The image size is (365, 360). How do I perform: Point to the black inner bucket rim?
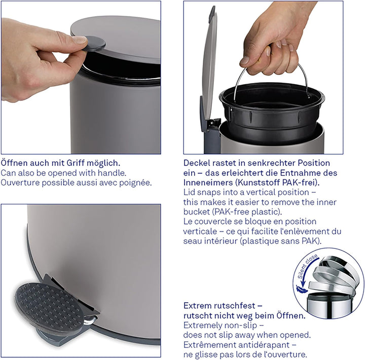[271, 99]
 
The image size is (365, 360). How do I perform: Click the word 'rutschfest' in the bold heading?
[237, 306]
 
